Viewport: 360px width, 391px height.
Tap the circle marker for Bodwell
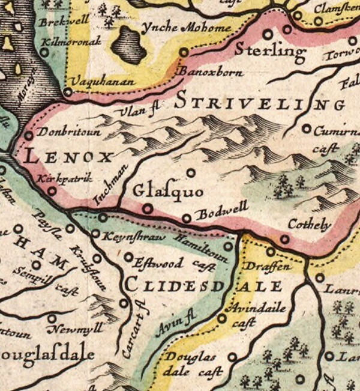coord(187,218)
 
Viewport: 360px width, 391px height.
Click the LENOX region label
coord(67,158)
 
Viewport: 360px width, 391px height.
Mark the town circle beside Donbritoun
coord(28,135)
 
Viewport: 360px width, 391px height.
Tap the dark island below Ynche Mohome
coord(129,46)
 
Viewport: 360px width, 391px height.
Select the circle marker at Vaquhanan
coord(68,92)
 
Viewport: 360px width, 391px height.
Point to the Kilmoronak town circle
coord(44,52)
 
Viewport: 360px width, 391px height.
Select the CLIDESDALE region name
coord(204,284)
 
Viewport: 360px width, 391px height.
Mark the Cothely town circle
coord(284,238)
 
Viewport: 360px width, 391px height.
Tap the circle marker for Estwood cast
coord(128,257)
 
